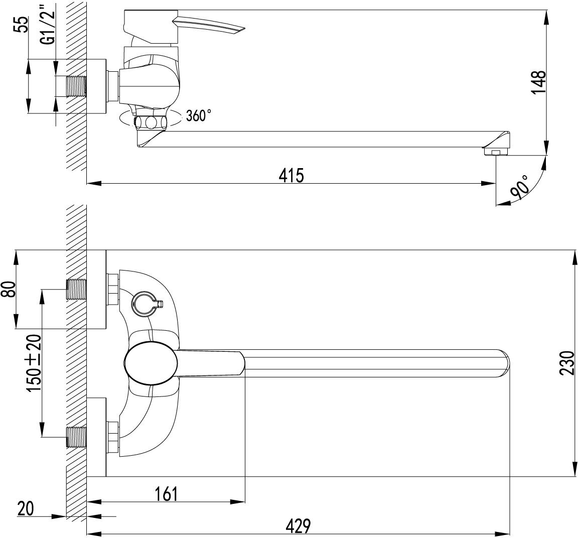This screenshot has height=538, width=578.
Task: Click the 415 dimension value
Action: (291, 176)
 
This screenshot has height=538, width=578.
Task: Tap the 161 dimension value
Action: (166, 494)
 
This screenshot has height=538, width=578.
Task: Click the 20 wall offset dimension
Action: (25, 509)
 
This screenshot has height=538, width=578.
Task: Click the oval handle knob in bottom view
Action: (150, 363)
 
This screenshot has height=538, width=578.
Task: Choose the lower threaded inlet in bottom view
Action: (76, 436)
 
